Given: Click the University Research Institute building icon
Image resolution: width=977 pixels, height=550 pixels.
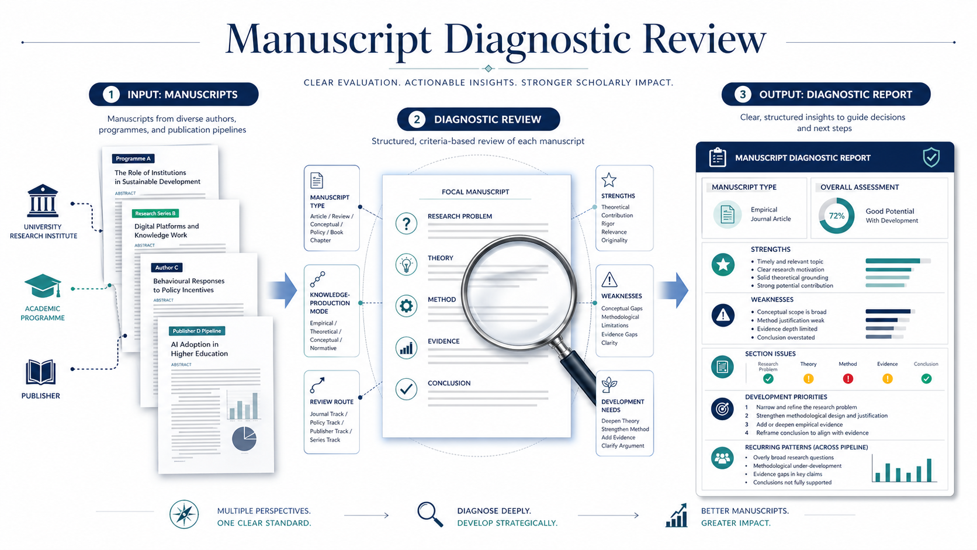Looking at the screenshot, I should tap(43, 201).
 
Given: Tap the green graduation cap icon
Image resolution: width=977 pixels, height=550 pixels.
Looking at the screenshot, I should tap(43, 287).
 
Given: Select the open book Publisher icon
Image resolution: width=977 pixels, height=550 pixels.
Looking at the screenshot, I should tap(41, 372).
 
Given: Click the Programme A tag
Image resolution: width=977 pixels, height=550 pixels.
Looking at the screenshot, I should tap(133, 158).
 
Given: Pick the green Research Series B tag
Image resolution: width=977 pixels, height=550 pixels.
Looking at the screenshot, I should tap(155, 213).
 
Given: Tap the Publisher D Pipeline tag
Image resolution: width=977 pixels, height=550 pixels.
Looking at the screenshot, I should tap(197, 331).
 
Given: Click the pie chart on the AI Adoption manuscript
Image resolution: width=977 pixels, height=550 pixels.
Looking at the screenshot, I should tap(244, 439).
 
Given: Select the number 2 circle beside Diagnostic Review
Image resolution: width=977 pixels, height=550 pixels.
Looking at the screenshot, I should tap(417, 119).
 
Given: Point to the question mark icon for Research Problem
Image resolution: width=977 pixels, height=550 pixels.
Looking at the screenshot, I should tap(406, 223).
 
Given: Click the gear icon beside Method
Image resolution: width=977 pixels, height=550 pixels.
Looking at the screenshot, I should tap(406, 306).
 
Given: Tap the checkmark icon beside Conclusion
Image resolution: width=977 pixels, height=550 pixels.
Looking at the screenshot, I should tap(406, 389).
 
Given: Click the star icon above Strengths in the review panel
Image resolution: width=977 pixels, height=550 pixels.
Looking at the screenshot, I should tap(609, 179).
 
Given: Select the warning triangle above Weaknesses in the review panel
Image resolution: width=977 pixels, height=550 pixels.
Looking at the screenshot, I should tap(609, 279).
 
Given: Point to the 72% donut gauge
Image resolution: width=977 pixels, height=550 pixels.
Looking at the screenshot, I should tap(836, 216).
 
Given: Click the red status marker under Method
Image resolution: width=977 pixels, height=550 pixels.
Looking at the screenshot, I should tap(848, 379).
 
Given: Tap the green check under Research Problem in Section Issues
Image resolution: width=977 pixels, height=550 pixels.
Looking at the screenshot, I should tap(768, 379).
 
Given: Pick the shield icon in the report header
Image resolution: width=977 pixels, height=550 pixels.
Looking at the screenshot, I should tap(931, 157).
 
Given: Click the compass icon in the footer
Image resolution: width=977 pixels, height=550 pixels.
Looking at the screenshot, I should tap(184, 515).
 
